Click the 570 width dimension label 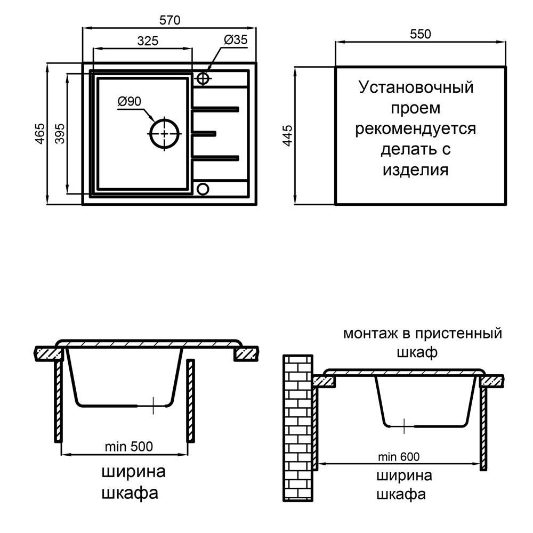[170, 20]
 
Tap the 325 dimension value [147, 41]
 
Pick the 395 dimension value [59, 133]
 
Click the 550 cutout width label [420, 34]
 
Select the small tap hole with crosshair [203, 78]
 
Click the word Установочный [416, 87]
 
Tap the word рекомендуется [416, 129]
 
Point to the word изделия [416, 171]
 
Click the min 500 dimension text [128, 447]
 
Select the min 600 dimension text [399, 457]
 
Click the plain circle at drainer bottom [203, 188]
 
